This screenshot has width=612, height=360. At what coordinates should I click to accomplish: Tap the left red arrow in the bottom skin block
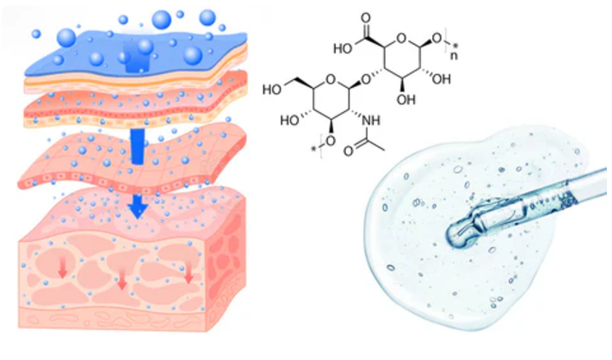pos(61,270)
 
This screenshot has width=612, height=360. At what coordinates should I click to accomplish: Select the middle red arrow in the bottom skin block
pos(122,279)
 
